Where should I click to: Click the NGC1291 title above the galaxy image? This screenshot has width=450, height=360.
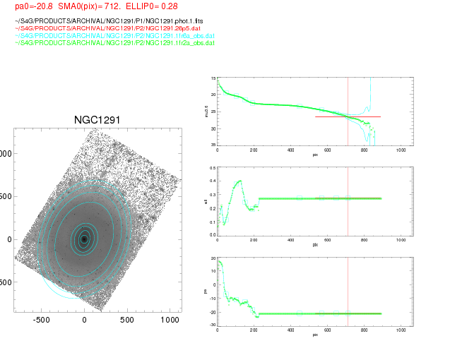coord(97,121)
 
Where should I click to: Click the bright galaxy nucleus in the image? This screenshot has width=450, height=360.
coord(84,239)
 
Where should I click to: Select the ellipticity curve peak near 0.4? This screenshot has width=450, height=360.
coord(240,181)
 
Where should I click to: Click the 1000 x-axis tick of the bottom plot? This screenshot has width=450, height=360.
coord(401,330)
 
